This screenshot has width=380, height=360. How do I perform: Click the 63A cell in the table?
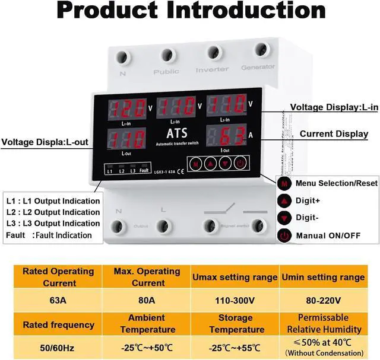click(58, 300)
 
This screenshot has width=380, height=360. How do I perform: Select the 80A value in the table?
click(138, 300)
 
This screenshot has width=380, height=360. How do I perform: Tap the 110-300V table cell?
click(235, 300)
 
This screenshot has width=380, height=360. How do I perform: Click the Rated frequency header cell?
click(58, 324)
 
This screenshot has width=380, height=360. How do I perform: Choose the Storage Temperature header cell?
click(235, 324)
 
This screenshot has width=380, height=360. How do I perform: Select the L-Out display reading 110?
click(126, 139)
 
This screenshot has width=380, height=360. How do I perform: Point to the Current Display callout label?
click(334, 134)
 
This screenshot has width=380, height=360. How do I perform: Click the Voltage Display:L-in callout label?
click(334, 107)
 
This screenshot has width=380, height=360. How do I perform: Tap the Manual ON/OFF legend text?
click(328, 235)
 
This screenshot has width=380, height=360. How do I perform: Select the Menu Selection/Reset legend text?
click(336, 183)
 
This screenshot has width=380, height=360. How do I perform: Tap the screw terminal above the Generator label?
click(259, 50)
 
